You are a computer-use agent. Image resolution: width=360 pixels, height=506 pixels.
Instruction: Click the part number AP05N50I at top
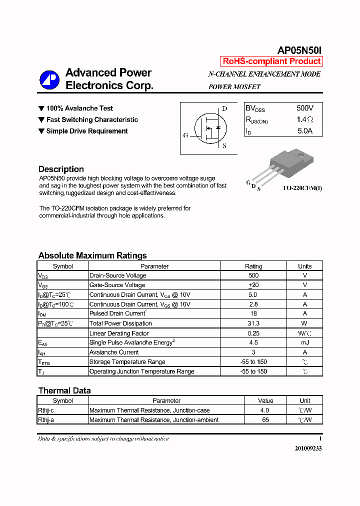[x=300, y=50]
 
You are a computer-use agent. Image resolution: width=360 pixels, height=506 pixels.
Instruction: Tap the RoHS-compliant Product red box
[x=271, y=61]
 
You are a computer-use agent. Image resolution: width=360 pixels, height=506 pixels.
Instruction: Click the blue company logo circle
[x=50, y=79]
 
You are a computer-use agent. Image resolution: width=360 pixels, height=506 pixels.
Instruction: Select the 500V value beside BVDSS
[x=305, y=108]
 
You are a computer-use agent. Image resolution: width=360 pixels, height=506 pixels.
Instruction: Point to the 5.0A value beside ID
[x=305, y=131]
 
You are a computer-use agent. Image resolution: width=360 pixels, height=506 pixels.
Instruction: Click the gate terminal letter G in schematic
[x=185, y=135]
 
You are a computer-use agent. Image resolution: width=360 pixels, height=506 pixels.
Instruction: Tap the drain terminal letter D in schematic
[x=224, y=108]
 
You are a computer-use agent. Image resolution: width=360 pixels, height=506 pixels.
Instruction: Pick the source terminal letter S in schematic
[x=224, y=146]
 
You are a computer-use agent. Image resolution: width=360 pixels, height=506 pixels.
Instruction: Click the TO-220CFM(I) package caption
[x=302, y=188]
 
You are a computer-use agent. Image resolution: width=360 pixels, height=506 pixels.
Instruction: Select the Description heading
[x=61, y=169]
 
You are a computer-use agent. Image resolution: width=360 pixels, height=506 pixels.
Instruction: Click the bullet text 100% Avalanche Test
[x=79, y=108]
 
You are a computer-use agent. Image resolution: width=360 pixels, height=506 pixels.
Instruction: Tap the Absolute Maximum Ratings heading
[x=92, y=255]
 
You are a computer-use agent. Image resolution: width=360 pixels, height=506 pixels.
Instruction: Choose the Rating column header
[x=253, y=266]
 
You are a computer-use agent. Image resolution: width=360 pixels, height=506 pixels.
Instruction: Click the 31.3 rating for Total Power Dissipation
[x=253, y=323]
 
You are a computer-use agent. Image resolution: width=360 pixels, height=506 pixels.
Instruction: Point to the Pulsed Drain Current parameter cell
[x=117, y=313]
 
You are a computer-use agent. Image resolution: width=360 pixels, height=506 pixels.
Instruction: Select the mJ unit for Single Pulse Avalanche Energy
[x=304, y=342]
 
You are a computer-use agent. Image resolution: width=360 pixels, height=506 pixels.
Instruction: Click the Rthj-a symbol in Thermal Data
[x=46, y=420]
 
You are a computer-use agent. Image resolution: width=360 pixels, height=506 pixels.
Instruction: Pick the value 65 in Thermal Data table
[x=265, y=420]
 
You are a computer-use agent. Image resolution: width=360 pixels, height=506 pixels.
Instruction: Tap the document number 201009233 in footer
[x=308, y=448]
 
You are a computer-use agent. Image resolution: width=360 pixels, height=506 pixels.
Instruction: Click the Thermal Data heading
[x=64, y=390]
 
